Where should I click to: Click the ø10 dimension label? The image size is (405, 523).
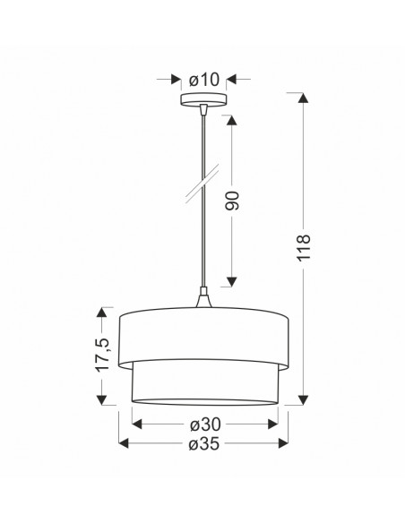tap(203, 80)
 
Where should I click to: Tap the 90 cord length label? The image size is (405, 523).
tap(233, 201)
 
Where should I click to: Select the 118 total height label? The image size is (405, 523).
tap(304, 247)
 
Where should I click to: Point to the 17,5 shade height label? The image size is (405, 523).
tap(102, 354)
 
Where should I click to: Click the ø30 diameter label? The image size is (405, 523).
tap(205, 424)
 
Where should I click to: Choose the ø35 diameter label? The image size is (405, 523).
tap(203, 443)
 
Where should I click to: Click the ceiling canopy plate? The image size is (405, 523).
tap(203, 99)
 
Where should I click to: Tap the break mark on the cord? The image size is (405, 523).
tap(202, 184)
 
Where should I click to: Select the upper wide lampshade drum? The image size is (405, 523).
tap(203, 338)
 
